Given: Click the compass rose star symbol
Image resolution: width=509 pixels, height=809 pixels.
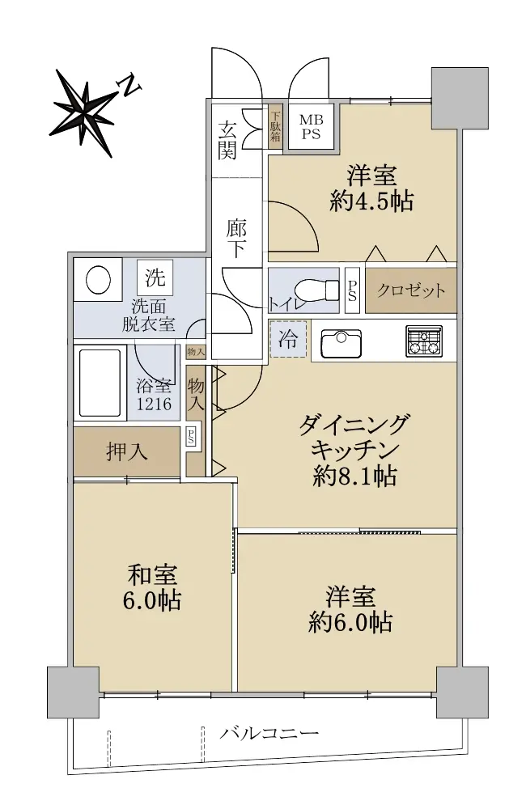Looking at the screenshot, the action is coord(85,112).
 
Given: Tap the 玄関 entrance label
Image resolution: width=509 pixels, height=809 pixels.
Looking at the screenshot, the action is coord(227,139).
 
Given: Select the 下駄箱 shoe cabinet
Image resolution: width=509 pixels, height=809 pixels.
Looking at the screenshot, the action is coord(276,127).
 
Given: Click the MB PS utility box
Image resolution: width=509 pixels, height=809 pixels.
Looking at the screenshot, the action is coord(311,126).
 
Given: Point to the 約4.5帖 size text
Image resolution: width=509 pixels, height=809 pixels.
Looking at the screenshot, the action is coord(371,201).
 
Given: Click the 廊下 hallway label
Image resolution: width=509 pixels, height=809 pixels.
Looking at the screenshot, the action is coord(236,239).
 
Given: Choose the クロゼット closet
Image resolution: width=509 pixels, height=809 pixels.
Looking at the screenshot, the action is coord(411,290).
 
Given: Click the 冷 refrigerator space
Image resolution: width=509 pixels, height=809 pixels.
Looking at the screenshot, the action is coord(288,339).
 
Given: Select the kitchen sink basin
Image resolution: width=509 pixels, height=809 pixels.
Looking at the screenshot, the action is coord(341,342).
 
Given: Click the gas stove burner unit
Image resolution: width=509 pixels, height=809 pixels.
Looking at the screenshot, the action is coord(424,341).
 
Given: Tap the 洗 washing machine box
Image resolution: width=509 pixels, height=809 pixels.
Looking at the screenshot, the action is coord(155,277).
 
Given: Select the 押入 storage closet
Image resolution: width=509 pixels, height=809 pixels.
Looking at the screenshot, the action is coord(126,452).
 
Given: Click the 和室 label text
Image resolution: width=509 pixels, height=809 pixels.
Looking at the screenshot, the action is coord(152,574).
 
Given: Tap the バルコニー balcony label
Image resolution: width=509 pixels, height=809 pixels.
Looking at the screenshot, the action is coord(269,733).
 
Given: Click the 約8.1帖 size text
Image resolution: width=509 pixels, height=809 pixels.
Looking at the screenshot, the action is coord(354,477).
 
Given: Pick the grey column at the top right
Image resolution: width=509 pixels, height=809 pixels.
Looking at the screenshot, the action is coord(460,99).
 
